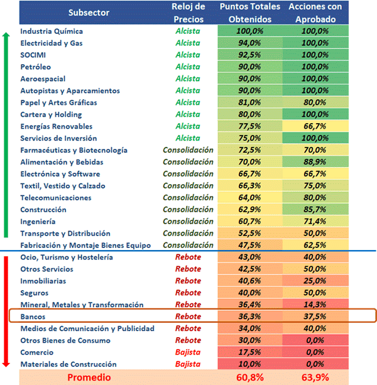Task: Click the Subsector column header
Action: [89, 13]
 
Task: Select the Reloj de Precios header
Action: [188, 13]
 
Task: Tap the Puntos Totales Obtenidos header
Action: [249, 13]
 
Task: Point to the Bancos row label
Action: [33, 317]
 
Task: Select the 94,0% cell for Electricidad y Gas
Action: [249, 43]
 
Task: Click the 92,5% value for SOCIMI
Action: [249, 55]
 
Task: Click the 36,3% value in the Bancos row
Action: [249, 317]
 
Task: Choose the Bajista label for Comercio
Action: [188, 352]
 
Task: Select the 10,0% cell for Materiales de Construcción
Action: [249, 364]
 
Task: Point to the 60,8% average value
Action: [249, 377]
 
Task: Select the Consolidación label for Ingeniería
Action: [188, 222]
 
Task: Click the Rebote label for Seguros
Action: [188, 293]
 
